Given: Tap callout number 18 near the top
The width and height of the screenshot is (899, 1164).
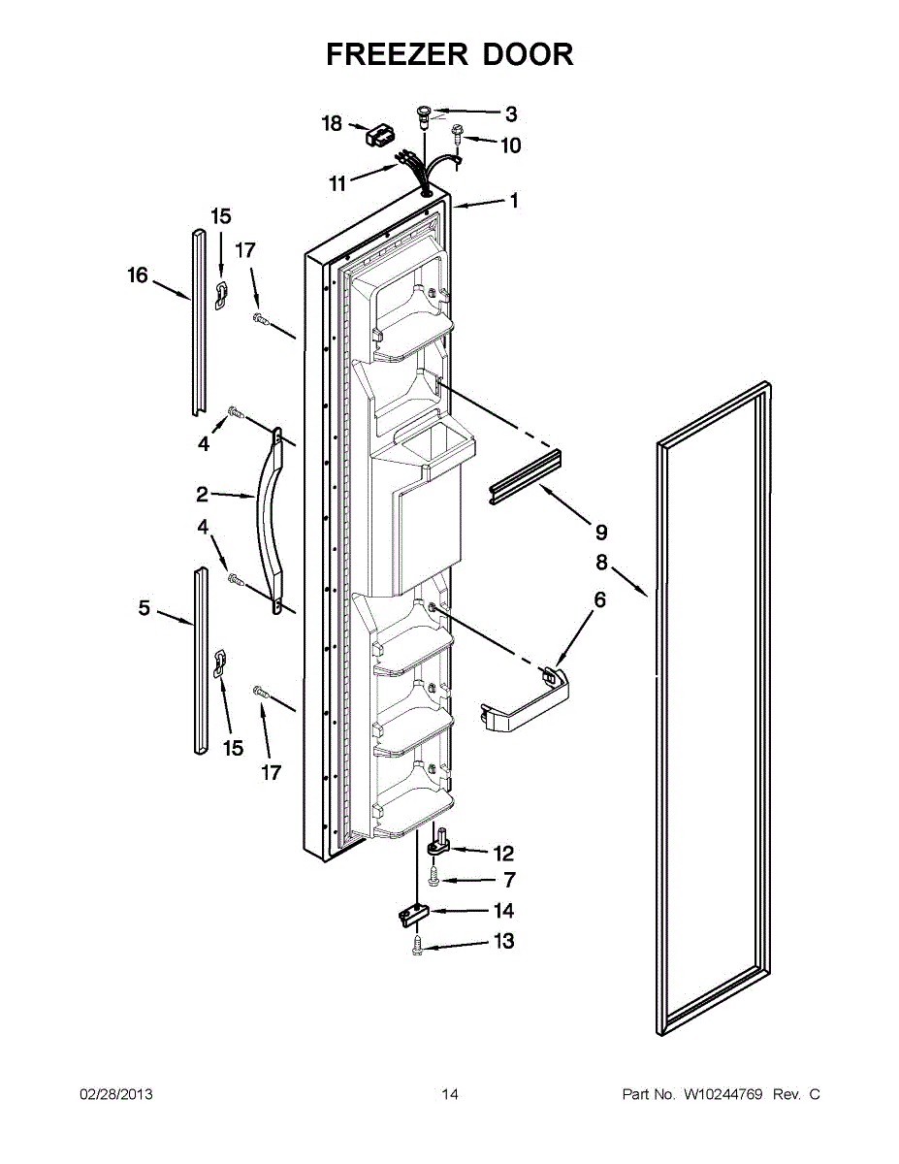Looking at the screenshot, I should coord(332,123).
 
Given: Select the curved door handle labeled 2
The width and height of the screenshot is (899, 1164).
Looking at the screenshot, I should coord(268,524).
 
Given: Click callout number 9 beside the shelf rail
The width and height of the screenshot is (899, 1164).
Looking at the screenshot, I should coord(601,532).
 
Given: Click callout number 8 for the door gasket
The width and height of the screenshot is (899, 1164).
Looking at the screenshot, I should coord(601,562).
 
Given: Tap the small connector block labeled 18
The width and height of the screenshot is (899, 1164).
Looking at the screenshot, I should coord(376,135).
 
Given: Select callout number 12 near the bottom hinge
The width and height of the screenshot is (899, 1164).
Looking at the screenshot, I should coord(503,854).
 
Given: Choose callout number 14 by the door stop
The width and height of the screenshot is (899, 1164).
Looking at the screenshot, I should coord(503,911).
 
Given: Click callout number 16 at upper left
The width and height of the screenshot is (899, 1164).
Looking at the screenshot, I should coord(138,275).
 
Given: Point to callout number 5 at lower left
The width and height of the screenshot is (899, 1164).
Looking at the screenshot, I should coord(144,608).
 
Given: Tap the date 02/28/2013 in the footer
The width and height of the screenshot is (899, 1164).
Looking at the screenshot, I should coord(115,1094).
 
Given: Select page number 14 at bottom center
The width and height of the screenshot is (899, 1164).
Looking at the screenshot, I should coord(450,1094).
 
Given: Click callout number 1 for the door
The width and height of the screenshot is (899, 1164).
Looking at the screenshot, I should coord(514,201).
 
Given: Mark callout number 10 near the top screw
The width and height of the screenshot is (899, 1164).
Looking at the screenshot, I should coord(510,145).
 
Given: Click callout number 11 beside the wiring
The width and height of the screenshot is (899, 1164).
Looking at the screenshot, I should coord(337,183).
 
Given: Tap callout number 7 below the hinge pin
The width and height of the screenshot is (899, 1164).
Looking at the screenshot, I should coord(509,881).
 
